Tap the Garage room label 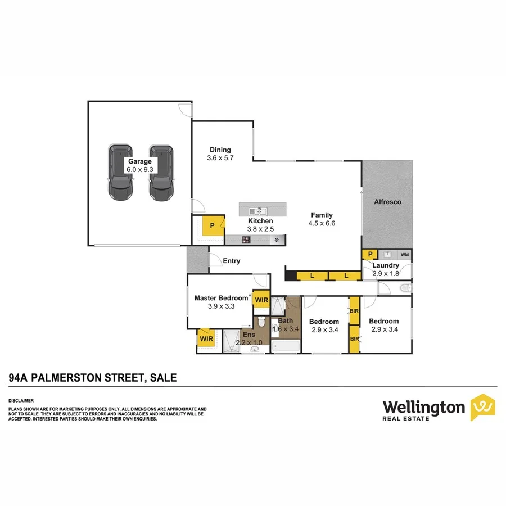coord(140,161)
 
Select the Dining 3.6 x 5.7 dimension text coord(220,158)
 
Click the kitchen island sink coord(259,211)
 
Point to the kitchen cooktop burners coord(246,240)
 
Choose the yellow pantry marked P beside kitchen coord(213,226)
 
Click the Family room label coord(322,215)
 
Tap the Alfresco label coord(388,201)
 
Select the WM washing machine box coord(405,255)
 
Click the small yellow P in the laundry coord(369,255)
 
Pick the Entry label coord(231,261)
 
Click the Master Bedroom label coord(221,298)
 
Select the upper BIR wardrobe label coord(354,310)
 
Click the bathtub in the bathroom coord(286,346)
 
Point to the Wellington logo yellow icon coord(482,406)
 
